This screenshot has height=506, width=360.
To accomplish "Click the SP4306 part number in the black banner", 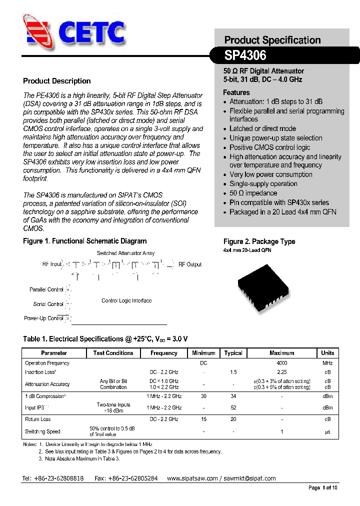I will (245, 54).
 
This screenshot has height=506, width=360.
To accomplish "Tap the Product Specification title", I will (272, 40).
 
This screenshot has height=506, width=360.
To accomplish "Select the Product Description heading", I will (57, 81).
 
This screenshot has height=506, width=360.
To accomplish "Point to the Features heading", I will (236, 92).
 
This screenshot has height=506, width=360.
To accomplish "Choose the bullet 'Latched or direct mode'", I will (262, 128).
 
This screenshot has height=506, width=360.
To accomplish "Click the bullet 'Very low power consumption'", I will (270, 174).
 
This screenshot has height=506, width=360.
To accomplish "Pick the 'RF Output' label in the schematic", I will (190, 264).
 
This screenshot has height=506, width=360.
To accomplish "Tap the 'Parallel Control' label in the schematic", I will (46, 289).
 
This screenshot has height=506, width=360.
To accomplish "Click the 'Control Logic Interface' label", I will (126, 300).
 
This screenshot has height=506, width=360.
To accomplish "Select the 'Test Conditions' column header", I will (113, 353).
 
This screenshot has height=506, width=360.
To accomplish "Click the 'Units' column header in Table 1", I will (327, 353).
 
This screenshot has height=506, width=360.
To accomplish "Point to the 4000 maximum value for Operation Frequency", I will (281, 363).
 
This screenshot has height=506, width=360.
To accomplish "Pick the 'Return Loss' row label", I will (38, 419).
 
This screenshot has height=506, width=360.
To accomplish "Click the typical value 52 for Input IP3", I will (233, 408).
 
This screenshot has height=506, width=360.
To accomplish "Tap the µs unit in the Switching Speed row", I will (327, 431).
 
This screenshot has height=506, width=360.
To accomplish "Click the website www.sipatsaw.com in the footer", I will (192, 478).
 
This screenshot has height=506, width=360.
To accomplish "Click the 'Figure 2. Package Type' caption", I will (259, 241).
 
